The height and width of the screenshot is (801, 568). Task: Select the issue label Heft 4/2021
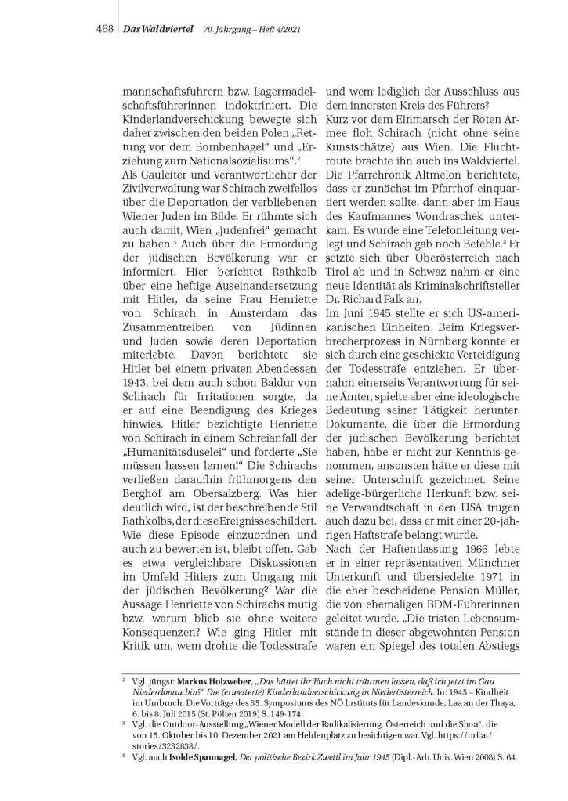[277, 29]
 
